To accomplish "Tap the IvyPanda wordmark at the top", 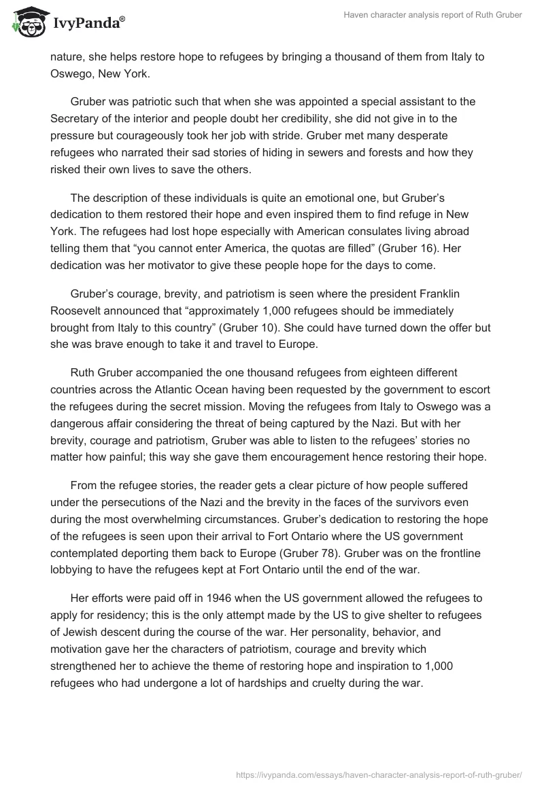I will point(88,23).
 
